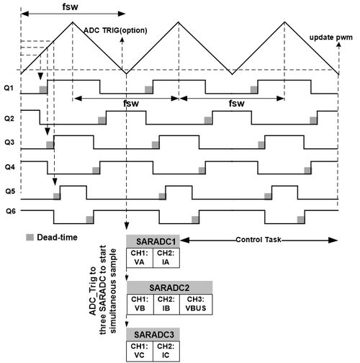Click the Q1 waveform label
coord(9,88)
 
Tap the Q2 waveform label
coord(9,119)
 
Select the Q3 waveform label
coord(9,143)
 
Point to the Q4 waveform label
coord(10,167)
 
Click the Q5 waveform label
coord(10,192)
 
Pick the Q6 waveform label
coord(11,211)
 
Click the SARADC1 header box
coord(153,241)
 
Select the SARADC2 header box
coord(170,287)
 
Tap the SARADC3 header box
coord(153,334)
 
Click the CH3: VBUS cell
coord(196,304)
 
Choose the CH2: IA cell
coord(166,258)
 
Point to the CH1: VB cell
coord(140,304)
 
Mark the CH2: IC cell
coord(166,351)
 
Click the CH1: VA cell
coord(140,258)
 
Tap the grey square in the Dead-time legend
coord(30,238)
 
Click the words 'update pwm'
coord(330,37)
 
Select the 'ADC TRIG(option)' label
coord(115,30)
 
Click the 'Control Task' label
coord(258,240)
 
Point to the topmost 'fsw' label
coord(70,6)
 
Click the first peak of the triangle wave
coord(73,22)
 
